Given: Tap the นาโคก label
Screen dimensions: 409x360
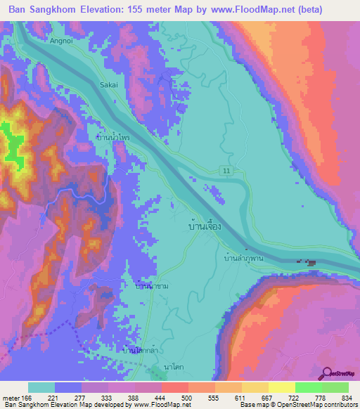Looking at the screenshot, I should click(174, 368).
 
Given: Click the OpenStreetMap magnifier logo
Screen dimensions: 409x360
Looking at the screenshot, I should click(328, 373).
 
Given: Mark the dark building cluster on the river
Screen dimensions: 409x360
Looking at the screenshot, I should click(310, 263).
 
